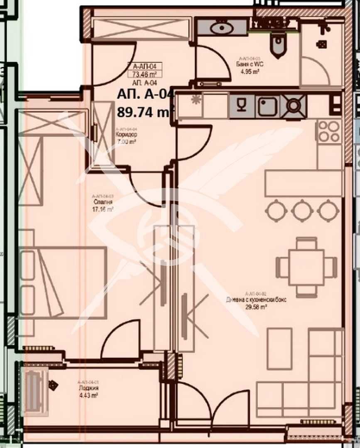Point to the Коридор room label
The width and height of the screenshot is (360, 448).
[x=126, y=135]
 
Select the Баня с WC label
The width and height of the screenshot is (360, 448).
[x=248, y=65]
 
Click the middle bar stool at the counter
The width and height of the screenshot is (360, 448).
[x=302, y=210]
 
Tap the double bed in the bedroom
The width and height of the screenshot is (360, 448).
[x=62, y=282]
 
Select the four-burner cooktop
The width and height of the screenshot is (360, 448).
[x=329, y=131]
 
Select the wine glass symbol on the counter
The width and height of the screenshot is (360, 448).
[x=242, y=105]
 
